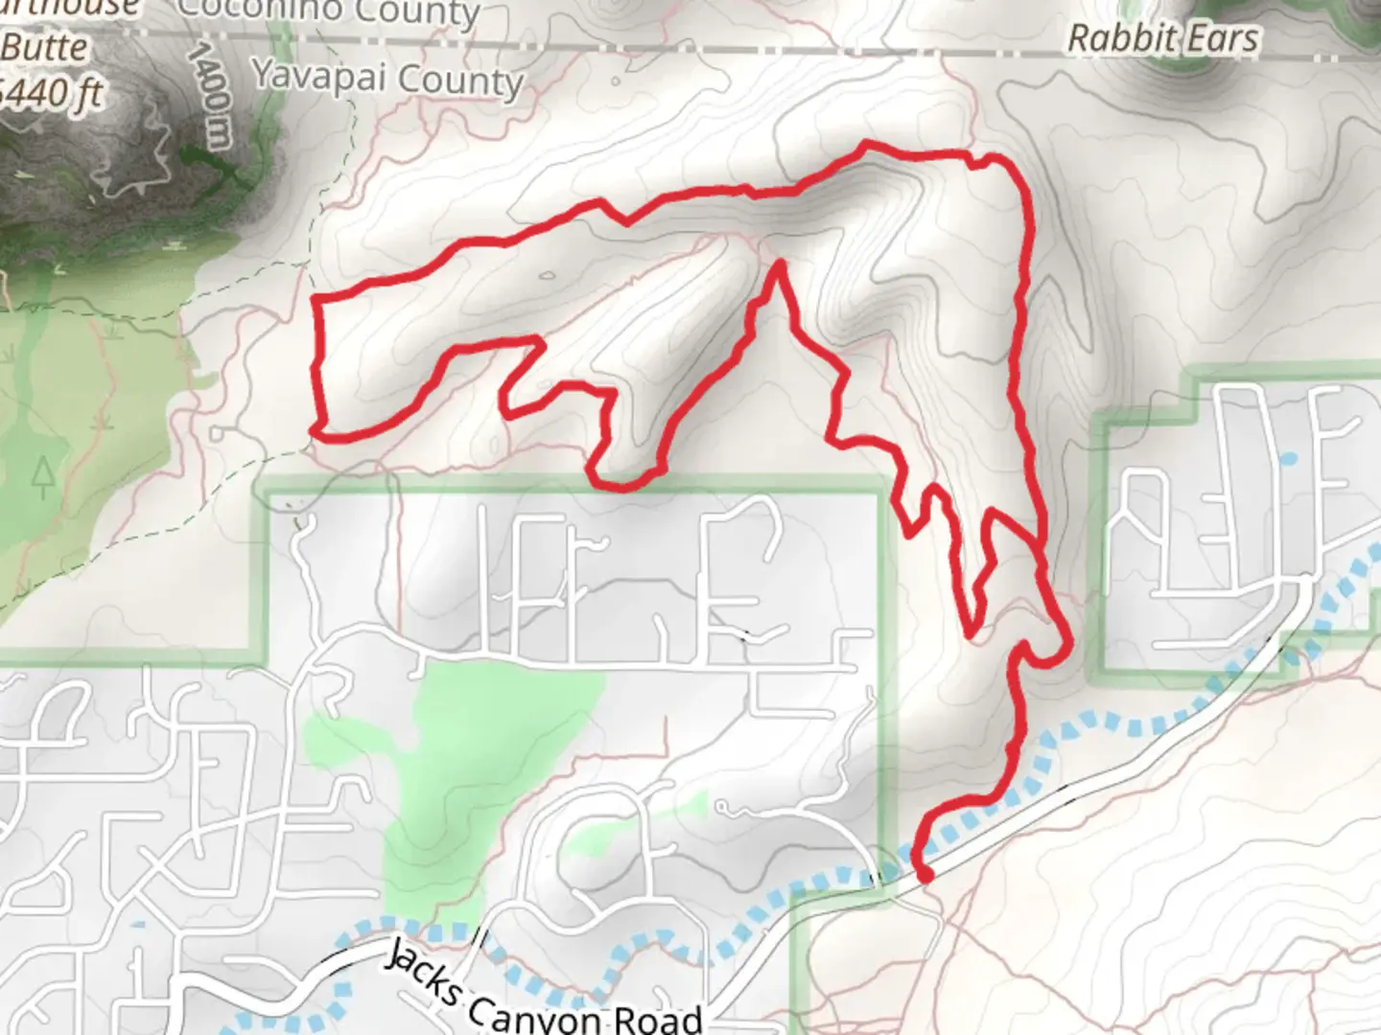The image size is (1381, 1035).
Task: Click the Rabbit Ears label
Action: point(1162,38)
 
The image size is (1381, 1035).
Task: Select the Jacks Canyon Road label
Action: point(543,993)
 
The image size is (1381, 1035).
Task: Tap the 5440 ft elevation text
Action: point(52,94)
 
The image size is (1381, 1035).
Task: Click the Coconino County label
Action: point(328,11)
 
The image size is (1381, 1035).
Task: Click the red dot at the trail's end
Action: point(925,874)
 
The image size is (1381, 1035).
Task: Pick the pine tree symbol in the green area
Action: point(42,476)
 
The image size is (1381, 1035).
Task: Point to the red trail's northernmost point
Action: point(866,145)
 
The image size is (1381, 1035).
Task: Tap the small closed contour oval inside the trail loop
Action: point(547,277)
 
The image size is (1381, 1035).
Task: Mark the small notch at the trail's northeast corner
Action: point(978,163)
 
